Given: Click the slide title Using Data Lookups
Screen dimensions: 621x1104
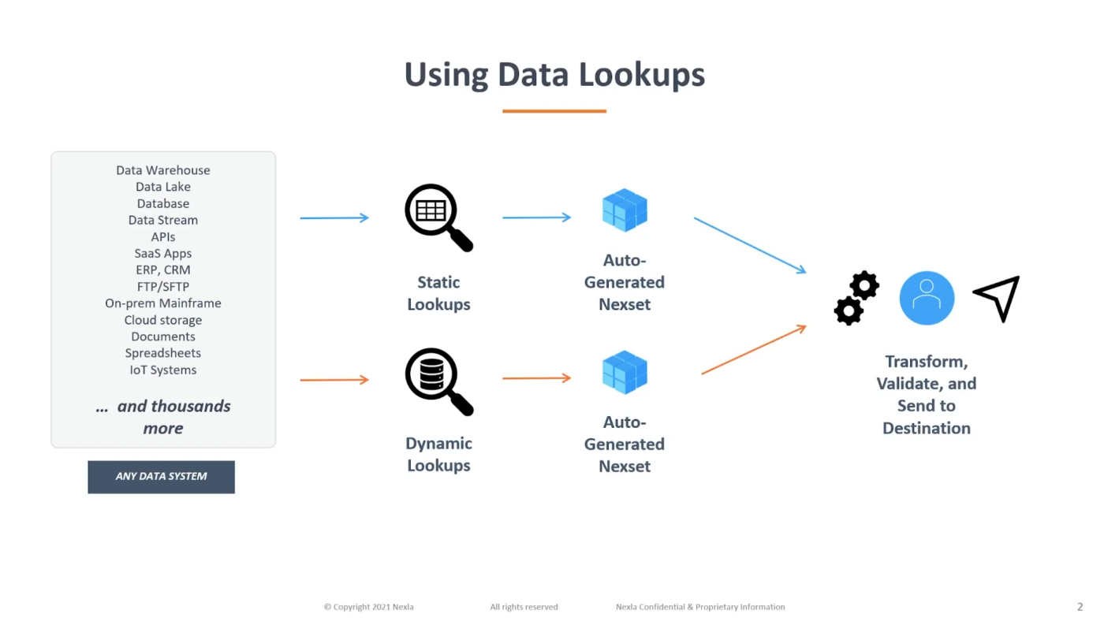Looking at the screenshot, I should tap(554, 75).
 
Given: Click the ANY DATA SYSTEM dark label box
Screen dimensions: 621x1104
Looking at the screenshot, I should tap(161, 477).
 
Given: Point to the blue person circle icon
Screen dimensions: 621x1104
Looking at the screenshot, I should tap(927, 298).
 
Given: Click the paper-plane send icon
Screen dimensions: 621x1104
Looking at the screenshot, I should tap(998, 297).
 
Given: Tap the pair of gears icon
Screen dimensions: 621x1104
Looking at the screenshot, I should tap(856, 298).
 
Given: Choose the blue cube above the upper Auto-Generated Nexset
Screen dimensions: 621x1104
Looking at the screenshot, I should tap(625, 210).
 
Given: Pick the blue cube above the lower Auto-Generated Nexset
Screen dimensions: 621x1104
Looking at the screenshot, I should tap(625, 372).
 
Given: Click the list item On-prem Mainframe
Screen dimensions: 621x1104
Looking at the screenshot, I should tap(163, 303).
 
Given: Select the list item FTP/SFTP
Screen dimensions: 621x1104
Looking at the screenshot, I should tap(163, 287).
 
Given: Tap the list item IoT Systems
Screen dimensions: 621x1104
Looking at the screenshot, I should tap(163, 370).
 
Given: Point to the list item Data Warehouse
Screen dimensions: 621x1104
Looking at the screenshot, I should tap(163, 170).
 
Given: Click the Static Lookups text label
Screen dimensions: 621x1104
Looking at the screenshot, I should tap(438, 293).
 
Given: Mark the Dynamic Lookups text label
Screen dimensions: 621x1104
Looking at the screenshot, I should tap(438, 454).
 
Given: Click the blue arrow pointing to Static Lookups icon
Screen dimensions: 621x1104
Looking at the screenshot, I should tap(334, 218).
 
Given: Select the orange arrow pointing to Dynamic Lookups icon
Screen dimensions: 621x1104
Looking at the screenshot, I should tap(334, 380).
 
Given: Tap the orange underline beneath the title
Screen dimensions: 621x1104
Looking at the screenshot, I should tap(554, 111).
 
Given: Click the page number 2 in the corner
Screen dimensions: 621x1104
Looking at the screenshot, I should tap(1080, 607).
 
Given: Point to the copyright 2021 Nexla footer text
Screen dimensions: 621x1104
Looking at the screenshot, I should tap(369, 607).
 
